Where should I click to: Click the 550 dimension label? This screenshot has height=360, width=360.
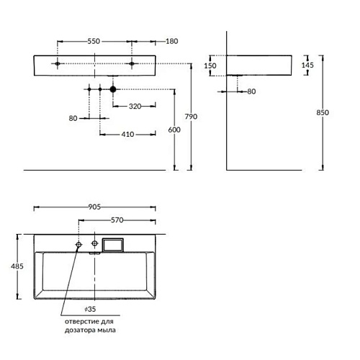coord(94,41)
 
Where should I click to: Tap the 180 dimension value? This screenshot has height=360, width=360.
coord(172,41)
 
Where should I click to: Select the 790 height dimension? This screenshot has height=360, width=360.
coord(191,117)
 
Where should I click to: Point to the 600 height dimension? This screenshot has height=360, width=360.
coord(174,130)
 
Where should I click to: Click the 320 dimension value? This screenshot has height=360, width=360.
coord(135,107)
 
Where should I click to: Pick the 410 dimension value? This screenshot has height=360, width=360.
coord(127,135)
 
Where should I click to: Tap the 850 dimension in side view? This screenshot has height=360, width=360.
coord(323,112)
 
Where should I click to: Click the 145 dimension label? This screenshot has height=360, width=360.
coord(307,65)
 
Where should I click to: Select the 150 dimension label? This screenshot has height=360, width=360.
coord(210,66)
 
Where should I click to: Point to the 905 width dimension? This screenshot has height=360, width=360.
coord(94,207)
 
